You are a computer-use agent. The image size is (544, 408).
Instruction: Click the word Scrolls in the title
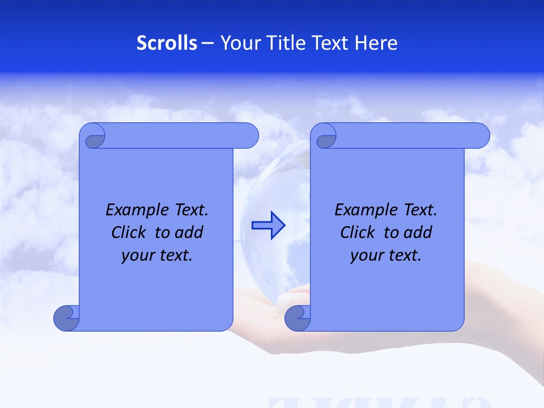click(x=167, y=43)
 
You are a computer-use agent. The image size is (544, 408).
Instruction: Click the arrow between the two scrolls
click(x=269, y=226)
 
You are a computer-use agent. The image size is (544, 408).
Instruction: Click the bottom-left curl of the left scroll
click(x=66, y=318)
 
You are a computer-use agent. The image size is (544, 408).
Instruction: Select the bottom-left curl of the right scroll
click(x=297, y=318)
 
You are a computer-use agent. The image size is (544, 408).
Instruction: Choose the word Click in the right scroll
click(x=358, y=233)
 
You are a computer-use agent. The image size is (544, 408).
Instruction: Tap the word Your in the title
click(x=239, y=43)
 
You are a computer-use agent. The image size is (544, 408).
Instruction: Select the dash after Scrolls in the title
click(x=207, y=43)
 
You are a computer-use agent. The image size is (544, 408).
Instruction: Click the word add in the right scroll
click(x=417, y=233)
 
